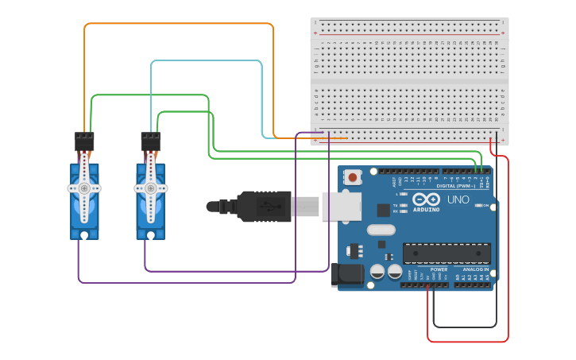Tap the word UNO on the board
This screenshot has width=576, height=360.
click(459, 199)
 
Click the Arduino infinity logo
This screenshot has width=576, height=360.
click(426, 200)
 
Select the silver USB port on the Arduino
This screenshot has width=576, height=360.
click(341, 206)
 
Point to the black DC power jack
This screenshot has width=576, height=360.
click(346, 275)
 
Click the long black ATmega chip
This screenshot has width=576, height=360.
click(446, 254)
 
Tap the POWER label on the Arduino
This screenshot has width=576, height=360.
click(439, 269)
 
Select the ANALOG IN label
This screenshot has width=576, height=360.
click(475, 269)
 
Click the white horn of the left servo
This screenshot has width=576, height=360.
click(83, 188)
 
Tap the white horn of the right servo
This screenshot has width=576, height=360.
click(150, 188)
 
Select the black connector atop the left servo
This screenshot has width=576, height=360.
click(83, 141)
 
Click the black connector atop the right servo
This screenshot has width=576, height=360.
click(150, 141)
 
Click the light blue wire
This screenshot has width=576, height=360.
click(207, 60)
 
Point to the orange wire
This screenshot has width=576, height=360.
click(179, 24)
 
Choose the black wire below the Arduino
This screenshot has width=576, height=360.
click(465, 327)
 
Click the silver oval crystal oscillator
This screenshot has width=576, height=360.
click(381, 230)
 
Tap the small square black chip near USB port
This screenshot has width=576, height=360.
click(385, 210)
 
